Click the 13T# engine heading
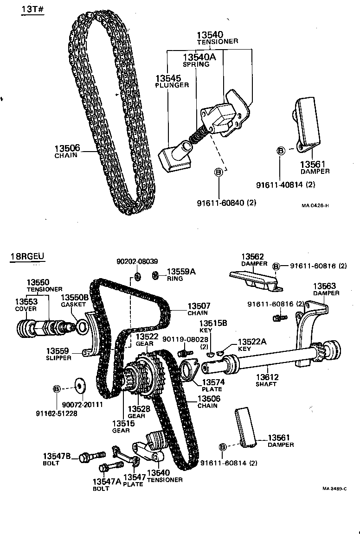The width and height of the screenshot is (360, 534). point(32,10)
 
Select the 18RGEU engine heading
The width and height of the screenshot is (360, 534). point(27,257)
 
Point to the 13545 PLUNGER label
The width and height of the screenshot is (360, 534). point(172,82)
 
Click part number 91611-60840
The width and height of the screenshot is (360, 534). point(226,202)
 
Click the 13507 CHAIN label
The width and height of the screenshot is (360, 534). point(199,309)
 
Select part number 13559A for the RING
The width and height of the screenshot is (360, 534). point(180,274)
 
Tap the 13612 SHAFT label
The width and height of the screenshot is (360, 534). point(266,380)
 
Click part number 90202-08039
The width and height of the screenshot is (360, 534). point(137,261)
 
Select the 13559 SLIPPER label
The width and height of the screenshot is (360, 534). point(58,354)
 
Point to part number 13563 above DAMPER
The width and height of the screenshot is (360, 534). point(325,289)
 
